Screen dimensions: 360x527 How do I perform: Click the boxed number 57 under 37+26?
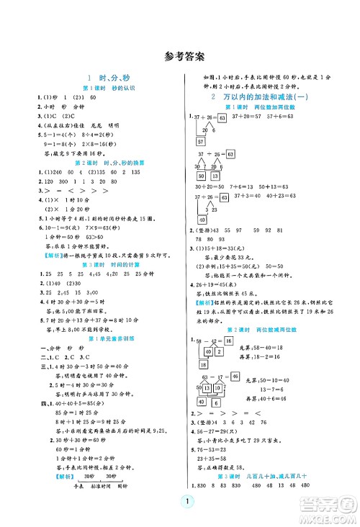coord(203,142)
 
